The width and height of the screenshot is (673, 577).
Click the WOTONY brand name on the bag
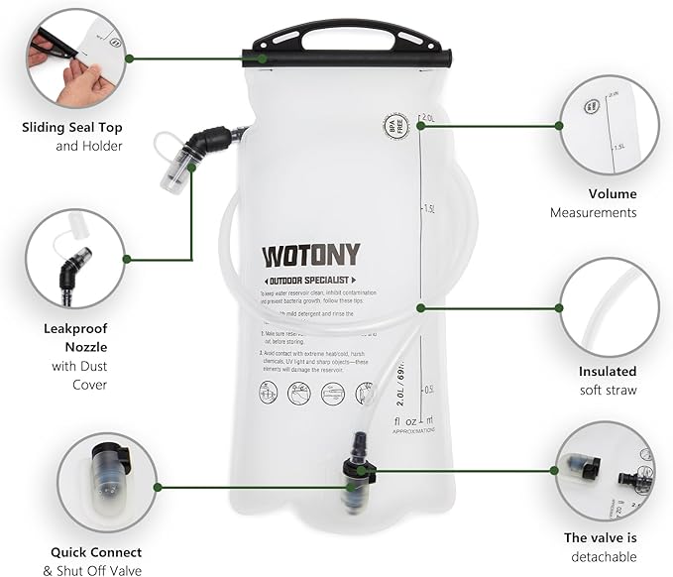coord(310,255)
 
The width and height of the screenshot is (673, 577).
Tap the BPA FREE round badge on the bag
coord(395,126)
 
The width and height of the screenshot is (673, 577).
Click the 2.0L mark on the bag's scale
coord(429,118)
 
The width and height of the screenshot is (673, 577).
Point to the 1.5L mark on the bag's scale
coord(429,209)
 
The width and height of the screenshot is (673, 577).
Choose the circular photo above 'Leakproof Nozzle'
coord(75,258)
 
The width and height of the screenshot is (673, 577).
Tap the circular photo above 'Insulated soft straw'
coord(609,307)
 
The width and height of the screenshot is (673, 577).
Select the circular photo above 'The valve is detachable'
coord(605,470)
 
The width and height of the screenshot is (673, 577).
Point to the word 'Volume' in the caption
coord(612,193)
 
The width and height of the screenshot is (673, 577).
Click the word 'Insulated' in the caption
coord(608,372)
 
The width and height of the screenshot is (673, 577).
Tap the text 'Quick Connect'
coord(95,552)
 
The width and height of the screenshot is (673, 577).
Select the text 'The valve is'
coord(601,537)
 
